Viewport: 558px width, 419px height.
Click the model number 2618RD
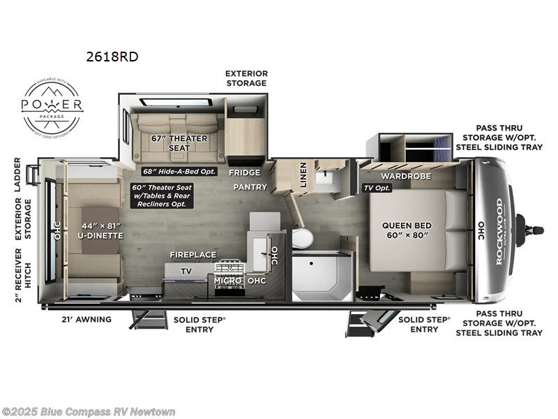point(113,57)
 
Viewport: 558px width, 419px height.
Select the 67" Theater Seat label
point(179,142)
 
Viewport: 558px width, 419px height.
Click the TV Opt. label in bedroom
point(377,189)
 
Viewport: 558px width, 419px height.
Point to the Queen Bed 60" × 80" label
point(407,230)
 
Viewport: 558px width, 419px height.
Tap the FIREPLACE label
point(193,255)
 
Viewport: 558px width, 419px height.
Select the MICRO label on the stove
point(227,281)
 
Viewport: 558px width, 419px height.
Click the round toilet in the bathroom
point(303,238)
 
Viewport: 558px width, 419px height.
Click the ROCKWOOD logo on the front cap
point(499,231)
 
